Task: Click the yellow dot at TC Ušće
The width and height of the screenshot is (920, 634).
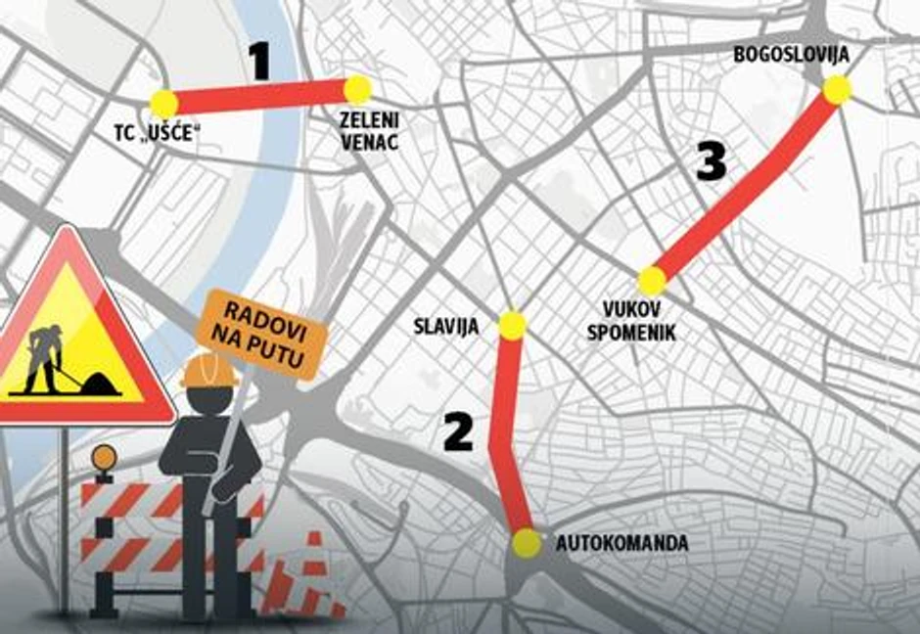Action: tap(163, 103)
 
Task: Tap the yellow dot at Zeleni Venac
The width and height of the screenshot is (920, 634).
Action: tap(358, 90)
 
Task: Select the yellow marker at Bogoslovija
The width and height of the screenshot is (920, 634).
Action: tap(837, 90)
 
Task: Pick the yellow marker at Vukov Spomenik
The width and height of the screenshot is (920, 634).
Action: tap(652, 282)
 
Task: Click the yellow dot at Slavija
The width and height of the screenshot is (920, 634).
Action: tap(513, 325)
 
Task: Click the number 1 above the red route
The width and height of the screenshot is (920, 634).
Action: tap(258, 62)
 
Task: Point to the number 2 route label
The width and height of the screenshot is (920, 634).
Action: tap(458, 431)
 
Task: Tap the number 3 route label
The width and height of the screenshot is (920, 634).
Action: tap(712, 161)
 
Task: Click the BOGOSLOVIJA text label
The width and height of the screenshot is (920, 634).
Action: tap(790, 55)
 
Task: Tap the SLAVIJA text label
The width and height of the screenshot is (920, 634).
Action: tap(445, 327)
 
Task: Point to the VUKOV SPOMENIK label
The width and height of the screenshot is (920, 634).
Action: tap(630, 324)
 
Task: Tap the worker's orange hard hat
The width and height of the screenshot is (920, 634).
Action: tap(208, 369)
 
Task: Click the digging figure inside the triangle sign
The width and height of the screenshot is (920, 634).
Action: tap(49, 360)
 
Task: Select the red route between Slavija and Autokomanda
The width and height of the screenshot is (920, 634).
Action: tap(504, 430)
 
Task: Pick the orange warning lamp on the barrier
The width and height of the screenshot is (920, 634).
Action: tap(104, 457)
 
